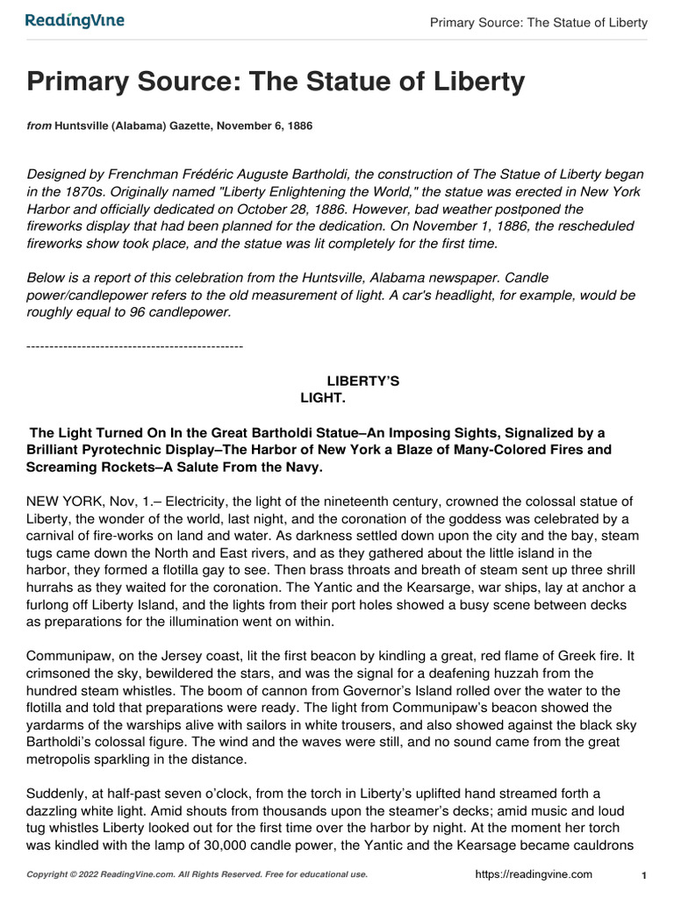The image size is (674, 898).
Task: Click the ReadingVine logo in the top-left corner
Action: [75, 20]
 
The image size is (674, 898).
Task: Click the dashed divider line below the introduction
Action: [135, 348]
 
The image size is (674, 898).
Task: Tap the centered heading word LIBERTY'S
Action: [362, 381]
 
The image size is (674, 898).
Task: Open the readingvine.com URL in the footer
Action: [534, 874]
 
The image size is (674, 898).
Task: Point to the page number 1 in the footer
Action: [644, 875]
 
